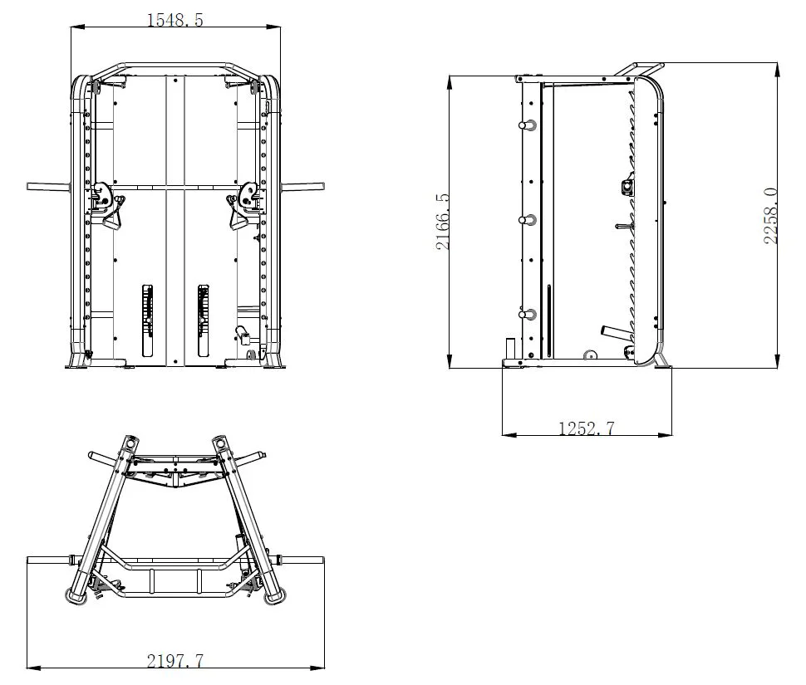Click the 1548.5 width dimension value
175,20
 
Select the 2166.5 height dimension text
443,222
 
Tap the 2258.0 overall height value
770,216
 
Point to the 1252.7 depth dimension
587,428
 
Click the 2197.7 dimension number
175,660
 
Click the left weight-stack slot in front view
148,320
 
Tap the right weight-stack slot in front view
204,320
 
